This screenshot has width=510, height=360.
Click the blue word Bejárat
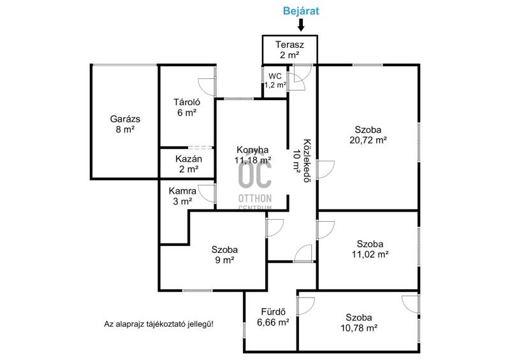pos(301,11)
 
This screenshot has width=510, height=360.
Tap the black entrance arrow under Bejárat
pos(301,25)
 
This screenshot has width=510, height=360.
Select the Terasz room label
pos(289,45)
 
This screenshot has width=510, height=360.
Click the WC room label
pos(275,76)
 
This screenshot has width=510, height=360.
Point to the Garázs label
pos(125,119)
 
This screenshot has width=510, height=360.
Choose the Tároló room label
pos(187,102)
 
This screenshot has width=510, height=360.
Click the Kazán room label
pos(189,159)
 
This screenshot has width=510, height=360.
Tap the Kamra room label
pos(182,191)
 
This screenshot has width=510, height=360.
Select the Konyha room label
pos(252,150)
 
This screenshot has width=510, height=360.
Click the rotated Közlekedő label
pos(307,161)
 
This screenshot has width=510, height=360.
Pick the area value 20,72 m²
pos(368,140)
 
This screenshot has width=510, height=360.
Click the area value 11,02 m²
pos(370,254)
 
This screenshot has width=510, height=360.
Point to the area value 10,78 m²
pos(359,328)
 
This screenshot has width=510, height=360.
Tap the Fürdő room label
pos(273,312)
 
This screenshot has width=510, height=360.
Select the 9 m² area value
pos(224,260)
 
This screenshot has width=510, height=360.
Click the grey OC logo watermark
pos(255,175)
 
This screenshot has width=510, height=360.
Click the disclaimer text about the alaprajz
pos(159,324)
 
